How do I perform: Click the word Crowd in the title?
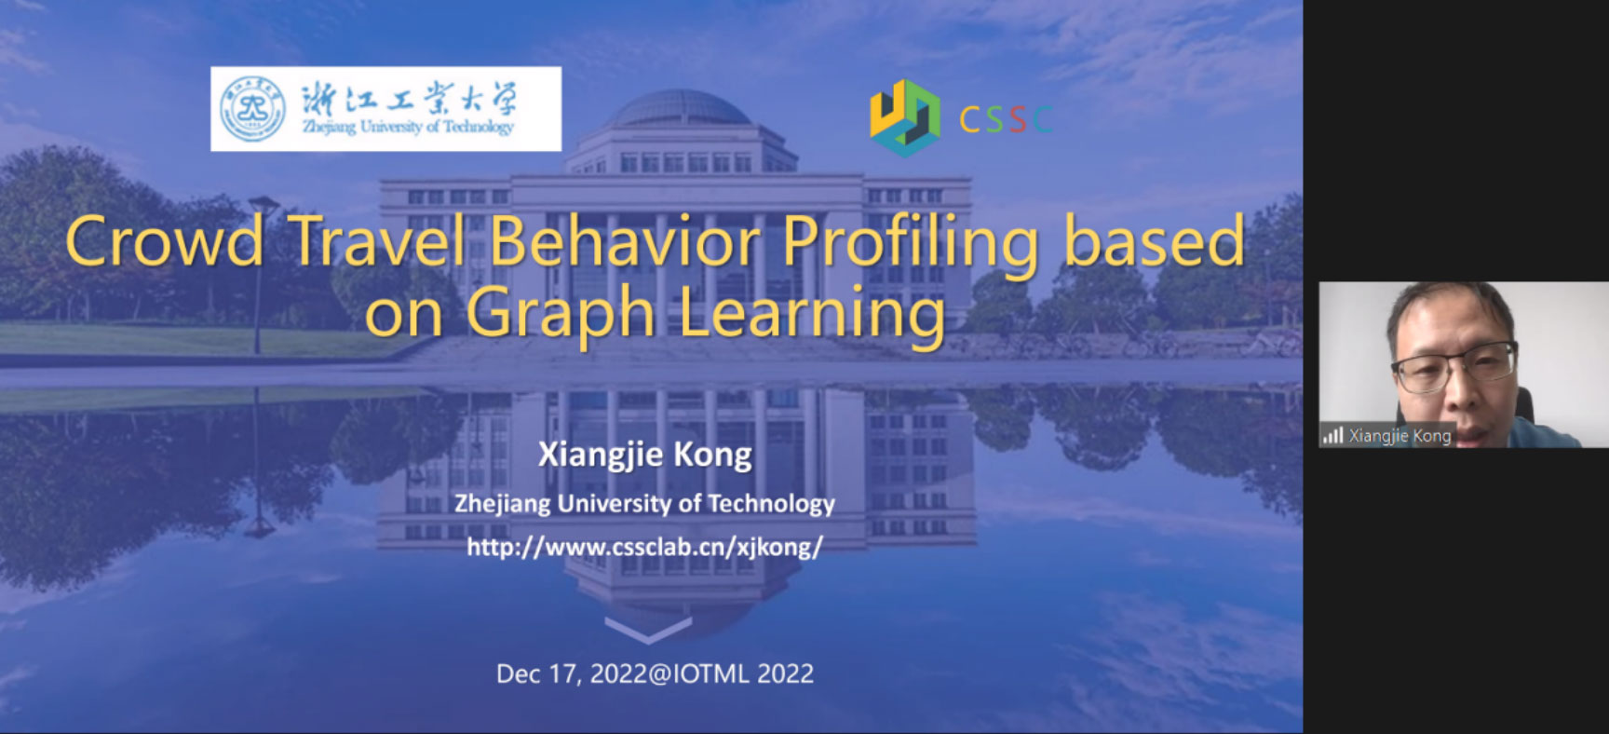pos(165,241)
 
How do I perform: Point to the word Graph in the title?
pos(561,315)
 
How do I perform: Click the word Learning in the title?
pos(812,315)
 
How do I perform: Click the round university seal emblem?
pos(252,109)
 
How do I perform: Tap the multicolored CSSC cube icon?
pos(904,118)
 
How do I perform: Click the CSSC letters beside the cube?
pos(1006,119)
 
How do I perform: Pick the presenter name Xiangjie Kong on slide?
pos(645,455)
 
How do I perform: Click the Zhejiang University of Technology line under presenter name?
pos(644,504)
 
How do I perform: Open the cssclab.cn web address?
pos(644,546)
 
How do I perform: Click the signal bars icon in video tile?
pos(1333,435)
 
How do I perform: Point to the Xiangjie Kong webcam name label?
pos(1399,436)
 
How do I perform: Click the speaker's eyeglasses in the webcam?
pos(1454,364)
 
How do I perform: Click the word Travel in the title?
pos(377,241)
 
